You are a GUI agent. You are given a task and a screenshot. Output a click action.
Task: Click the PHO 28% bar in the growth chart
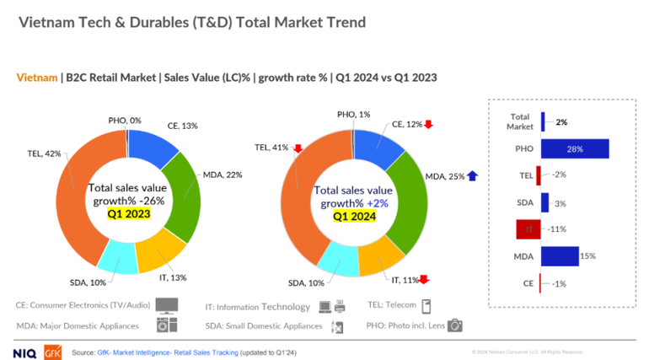point(574,149)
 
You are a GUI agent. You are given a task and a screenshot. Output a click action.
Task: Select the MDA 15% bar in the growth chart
point(560,255)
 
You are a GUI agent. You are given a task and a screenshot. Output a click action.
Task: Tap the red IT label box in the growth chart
point(528,228)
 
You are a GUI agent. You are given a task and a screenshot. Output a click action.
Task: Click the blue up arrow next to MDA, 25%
point(472,176)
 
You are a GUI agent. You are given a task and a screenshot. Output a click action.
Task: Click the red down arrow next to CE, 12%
point(429,125)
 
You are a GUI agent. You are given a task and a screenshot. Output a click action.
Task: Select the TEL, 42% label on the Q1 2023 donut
point(44,153)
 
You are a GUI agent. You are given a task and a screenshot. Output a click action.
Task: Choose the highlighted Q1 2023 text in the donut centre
point(129,214)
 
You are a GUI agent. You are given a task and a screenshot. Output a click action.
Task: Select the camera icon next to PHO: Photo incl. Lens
point(455,325)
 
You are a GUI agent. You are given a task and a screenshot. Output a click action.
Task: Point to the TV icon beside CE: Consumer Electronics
point(169,306)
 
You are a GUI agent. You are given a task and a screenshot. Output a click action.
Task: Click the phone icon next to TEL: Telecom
point(426,306)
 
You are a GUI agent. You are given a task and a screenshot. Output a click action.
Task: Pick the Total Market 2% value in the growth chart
point(560,121)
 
